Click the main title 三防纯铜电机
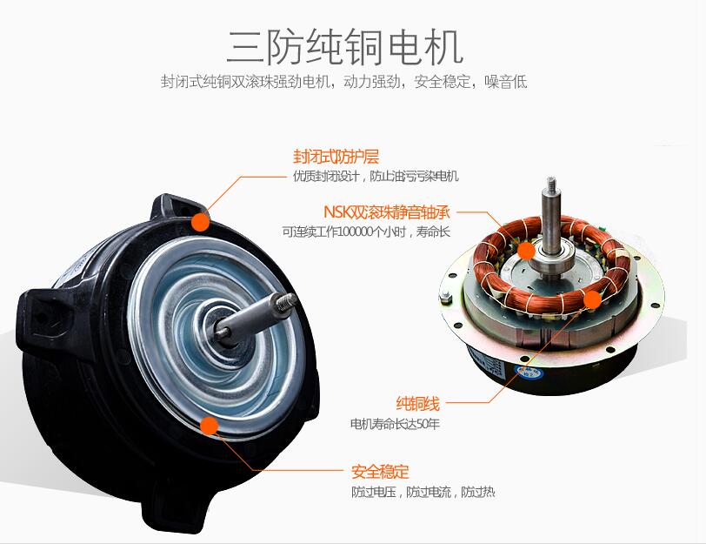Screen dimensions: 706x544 [344, 47]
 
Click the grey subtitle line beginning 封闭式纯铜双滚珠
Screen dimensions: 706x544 [344, 82]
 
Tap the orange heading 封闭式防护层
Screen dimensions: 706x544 [336, 157]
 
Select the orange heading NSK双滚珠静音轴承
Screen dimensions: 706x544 [387, 212]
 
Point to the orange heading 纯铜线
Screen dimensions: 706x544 [417, 403]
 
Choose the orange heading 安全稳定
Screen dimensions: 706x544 [380, 472]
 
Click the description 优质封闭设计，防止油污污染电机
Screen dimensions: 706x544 [376, 176]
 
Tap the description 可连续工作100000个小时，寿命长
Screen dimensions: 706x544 [366, 232]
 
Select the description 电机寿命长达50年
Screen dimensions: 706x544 [395, 424]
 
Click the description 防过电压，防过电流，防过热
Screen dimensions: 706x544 [423, 492]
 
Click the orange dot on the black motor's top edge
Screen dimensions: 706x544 [200, 222]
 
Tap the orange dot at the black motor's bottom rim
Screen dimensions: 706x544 [210, 426]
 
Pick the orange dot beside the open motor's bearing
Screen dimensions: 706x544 [526, 251]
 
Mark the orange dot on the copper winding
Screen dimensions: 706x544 [592, 299]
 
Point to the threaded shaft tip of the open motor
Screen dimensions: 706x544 [550, 184]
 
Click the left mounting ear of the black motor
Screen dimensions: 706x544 [42, 318]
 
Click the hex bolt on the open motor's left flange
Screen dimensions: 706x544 [446, 297]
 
